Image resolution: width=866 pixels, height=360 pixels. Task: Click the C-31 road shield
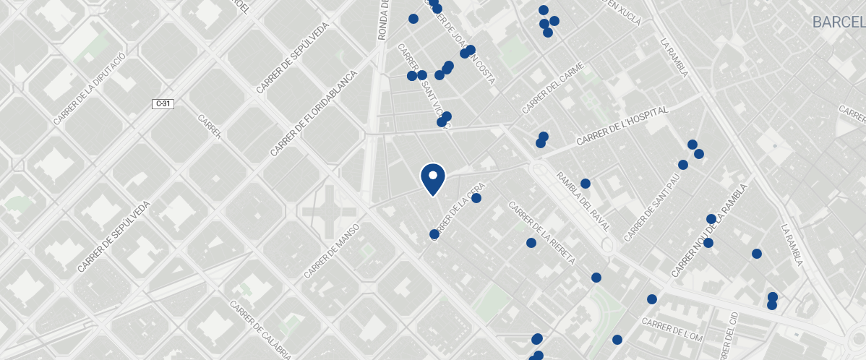(x=163, y=104)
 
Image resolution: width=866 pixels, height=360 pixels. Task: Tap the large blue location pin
(x=432, y=179)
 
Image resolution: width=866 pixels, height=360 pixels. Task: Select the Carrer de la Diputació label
(x=90, y=88)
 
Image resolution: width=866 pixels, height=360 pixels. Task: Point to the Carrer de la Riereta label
(x=542, y=233)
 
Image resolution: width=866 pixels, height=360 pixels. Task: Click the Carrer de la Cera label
(x=458, y=212)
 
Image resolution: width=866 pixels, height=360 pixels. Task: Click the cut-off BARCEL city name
(x=839, y=22)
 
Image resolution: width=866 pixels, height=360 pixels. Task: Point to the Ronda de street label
(x=384, y=20)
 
